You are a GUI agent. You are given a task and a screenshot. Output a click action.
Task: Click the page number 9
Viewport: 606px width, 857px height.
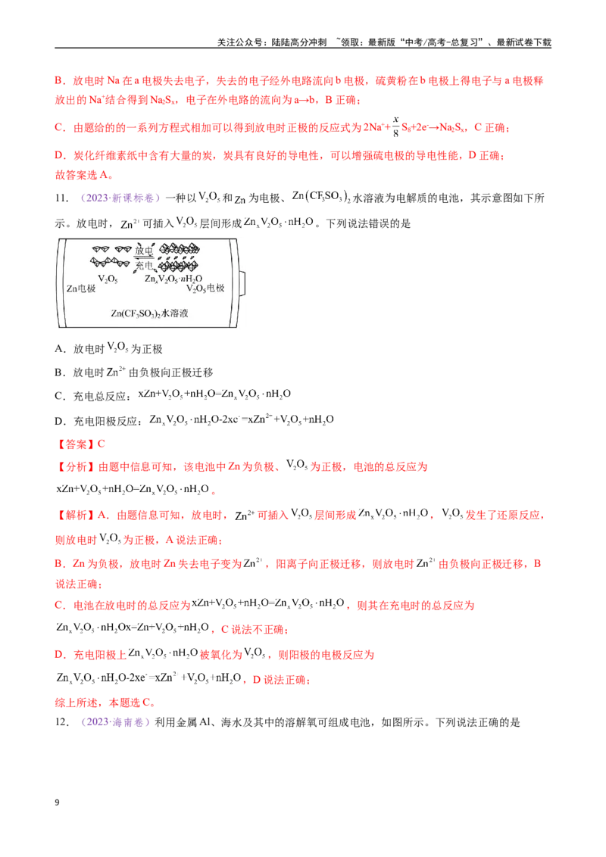57,802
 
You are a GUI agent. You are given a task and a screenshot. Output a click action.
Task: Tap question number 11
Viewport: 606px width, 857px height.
62,198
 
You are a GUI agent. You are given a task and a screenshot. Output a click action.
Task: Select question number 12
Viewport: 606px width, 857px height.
62,722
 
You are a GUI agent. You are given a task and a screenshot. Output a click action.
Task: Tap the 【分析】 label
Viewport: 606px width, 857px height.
76,467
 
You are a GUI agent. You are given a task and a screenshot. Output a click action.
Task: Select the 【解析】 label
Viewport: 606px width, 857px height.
76,515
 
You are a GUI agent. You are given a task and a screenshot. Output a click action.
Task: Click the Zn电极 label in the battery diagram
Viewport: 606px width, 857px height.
81,288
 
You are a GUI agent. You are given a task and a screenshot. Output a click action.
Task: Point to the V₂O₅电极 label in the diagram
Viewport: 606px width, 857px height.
205,288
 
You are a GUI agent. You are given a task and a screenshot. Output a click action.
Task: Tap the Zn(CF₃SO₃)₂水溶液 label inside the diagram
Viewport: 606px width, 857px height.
149,313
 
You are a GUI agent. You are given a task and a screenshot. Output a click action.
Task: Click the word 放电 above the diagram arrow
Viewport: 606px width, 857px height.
144,251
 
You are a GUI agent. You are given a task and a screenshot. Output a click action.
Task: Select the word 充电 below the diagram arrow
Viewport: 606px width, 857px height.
144,265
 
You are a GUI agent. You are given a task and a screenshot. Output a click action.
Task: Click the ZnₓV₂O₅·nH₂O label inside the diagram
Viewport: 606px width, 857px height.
173,279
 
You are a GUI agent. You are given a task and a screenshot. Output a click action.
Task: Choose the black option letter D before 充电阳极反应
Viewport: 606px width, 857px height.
60,421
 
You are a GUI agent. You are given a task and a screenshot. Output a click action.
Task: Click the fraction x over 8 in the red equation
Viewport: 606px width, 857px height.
396,126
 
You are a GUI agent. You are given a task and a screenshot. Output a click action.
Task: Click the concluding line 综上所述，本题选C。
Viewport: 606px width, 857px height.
105,703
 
